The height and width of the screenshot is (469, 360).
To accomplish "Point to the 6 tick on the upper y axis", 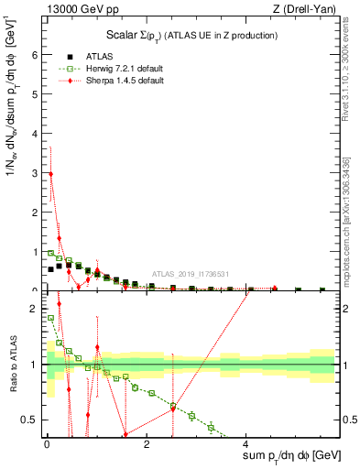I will click(37, 55).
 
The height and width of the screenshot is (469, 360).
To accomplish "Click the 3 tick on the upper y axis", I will click(37, 173).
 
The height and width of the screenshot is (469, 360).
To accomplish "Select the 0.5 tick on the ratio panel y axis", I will click(33, 420).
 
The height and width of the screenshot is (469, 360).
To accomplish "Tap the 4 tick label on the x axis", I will click(245, 444).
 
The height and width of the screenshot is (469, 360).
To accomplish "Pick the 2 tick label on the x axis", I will click(146, 444).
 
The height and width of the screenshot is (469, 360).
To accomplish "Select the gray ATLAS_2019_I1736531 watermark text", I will click(190, 274).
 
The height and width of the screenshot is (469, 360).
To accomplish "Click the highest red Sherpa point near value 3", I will click(50, 173).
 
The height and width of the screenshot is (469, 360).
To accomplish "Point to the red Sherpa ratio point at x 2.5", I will click(172, 409).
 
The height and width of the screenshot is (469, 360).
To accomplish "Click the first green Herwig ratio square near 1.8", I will click(50, 319).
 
